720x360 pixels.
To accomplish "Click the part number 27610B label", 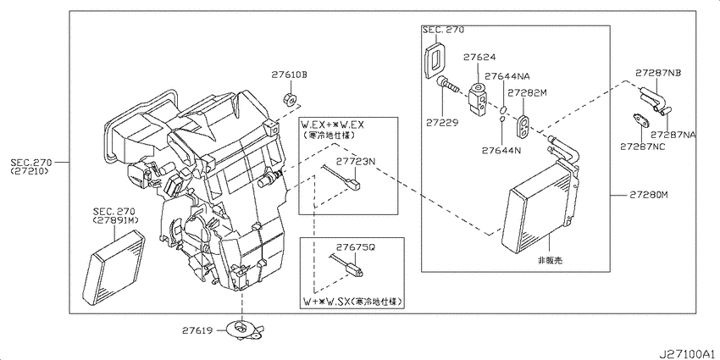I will pos(290,75).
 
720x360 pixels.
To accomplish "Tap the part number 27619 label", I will pos(200,330).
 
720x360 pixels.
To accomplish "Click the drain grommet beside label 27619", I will pos(245,330).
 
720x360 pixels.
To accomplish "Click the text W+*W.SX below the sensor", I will pos(327,302).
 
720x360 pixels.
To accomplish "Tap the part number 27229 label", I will pos(442,123).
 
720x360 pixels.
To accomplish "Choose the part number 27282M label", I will pos(530,92).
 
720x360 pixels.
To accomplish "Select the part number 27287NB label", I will pos(661,75).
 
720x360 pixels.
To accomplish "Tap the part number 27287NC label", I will pos(642,146).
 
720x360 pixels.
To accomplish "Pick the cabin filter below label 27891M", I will pos(119,258).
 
